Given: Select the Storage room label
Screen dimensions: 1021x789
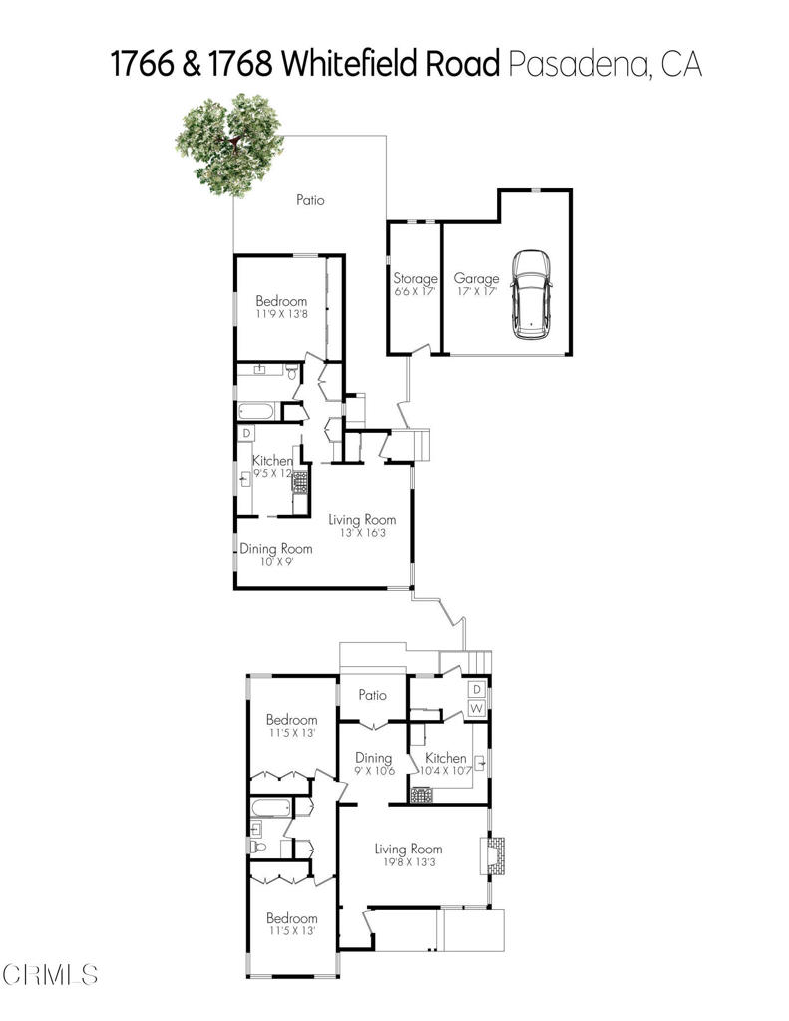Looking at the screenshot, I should [415, 279].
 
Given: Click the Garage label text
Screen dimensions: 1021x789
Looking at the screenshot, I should [476, 279].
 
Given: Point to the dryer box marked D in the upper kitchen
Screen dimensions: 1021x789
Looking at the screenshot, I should [246, 434].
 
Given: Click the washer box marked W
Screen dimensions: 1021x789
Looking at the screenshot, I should [477, 708].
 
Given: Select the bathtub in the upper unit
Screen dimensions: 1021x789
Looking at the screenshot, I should [259, 410].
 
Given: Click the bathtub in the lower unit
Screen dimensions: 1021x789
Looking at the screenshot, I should [269, 808].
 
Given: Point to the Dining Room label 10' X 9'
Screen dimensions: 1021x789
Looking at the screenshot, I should [275, 549].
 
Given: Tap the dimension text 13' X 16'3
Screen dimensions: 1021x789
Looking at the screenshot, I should [362, 534].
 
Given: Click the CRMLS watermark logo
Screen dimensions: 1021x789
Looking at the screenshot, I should [50, 973].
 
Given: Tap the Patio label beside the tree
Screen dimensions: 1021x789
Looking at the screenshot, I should [310, 200].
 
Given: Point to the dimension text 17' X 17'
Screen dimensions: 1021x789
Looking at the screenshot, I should [476, 292].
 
